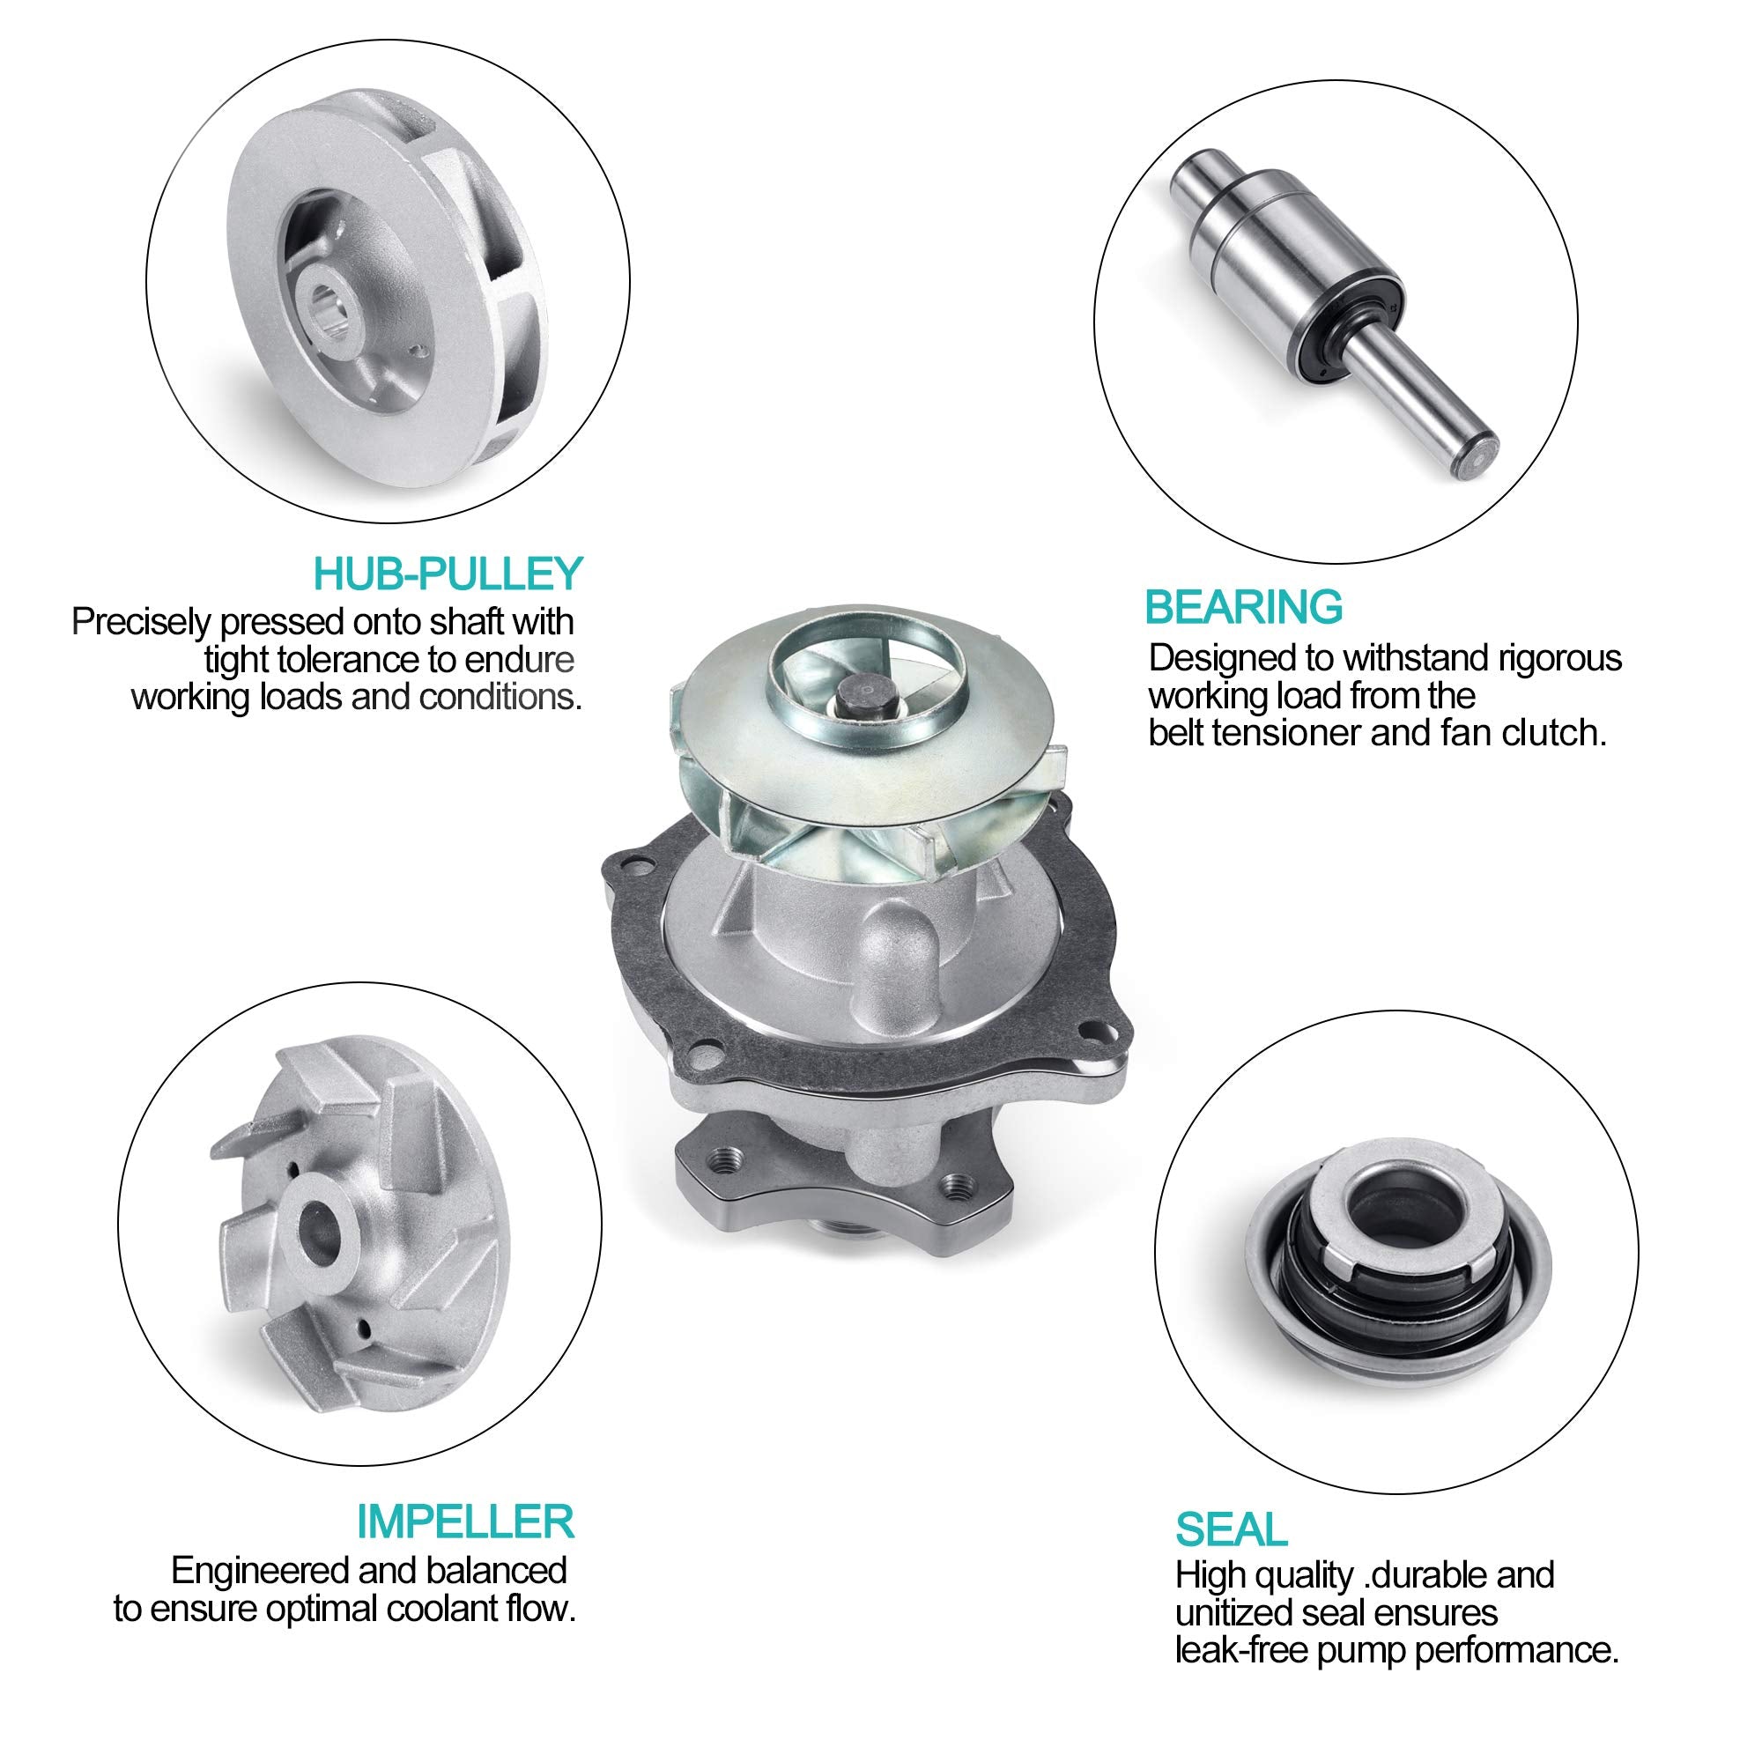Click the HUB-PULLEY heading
tap(447, 574)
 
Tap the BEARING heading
tap(1243, 606)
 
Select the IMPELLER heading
tap(465, 1521)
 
